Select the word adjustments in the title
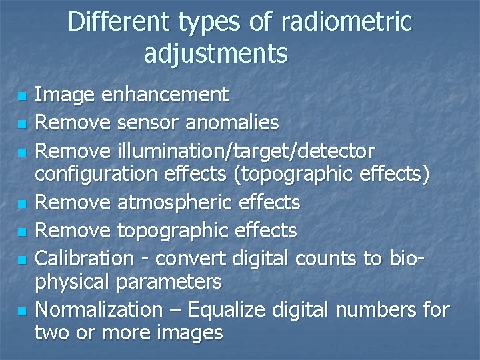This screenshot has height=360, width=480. tap(216, 53)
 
